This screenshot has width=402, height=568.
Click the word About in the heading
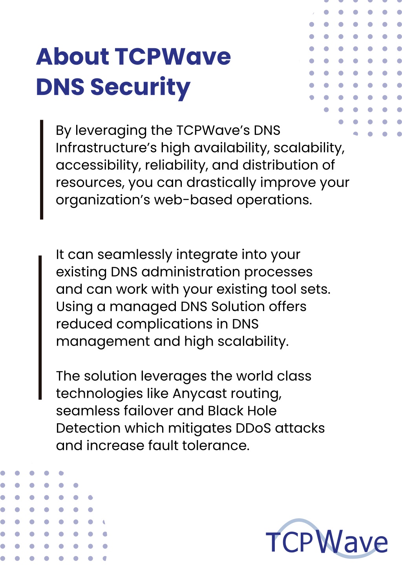(73, 56)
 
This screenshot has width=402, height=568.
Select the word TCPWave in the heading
(174, 56)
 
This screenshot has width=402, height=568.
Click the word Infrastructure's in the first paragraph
(106, 147)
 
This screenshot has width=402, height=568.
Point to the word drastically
(221, 182)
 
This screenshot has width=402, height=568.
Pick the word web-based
(194, 200)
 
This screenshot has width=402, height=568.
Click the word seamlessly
(135, 255)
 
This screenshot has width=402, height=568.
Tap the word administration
(190, 272)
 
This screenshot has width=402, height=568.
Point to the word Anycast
(196, 394)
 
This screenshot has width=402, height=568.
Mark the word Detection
(88, 428)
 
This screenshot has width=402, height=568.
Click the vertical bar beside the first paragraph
(42, 169)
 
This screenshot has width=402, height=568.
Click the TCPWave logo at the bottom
(327, 539)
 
